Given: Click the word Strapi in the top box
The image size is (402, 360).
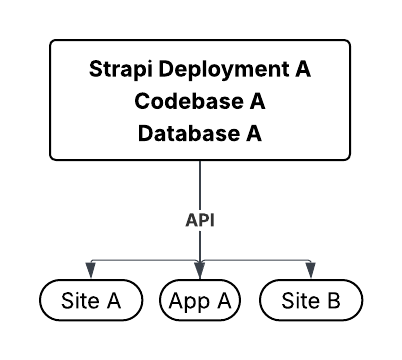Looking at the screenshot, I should pos(115,71).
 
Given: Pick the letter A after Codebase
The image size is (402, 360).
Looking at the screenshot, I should pos(258,102).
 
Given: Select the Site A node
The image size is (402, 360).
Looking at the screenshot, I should pos(89,299).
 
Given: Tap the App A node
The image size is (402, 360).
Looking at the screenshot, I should pos(201,299).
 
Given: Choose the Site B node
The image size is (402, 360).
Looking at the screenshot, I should pos(311,299).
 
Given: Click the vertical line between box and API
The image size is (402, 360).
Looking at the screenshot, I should pos(201,185).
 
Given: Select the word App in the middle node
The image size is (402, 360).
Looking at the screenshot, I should pos(190,299).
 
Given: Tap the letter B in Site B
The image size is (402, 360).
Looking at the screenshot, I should pos(333,299).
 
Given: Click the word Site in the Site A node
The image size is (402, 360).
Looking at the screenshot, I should pos(78,299).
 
